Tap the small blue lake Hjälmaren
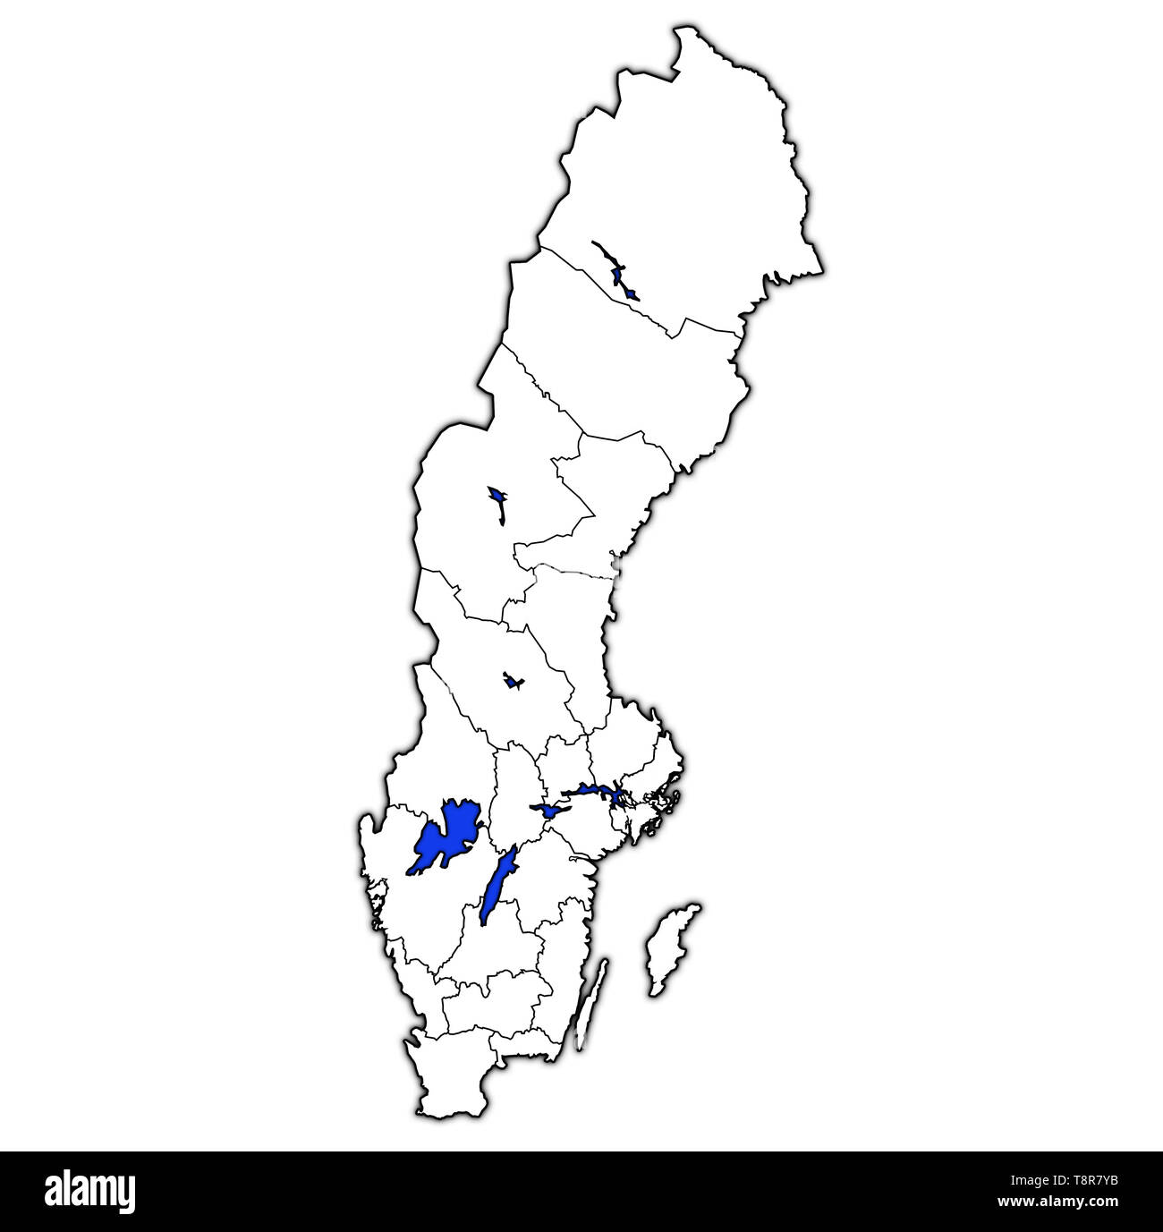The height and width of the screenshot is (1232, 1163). tap(548, 811)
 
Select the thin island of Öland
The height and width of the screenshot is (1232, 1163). tap(590, 1002)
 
